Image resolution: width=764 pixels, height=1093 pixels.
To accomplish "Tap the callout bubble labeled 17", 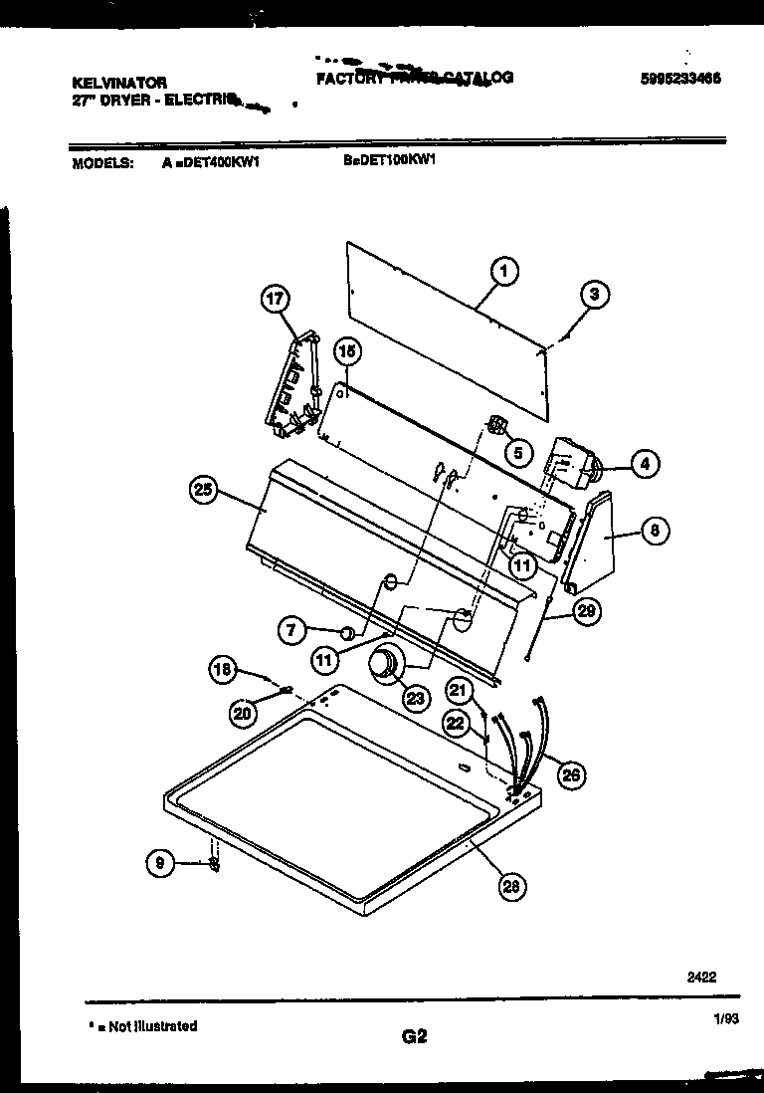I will [x=276, y=299].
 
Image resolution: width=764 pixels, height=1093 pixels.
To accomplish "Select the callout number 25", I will [x=204, y=489].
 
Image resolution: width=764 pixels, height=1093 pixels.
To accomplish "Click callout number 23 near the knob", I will [x=414, y=697].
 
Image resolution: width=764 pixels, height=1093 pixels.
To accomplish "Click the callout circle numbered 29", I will [x=586, y=611].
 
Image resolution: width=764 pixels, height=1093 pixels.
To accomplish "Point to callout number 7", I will [x=293, y=629].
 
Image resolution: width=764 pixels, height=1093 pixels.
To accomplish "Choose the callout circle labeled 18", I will [x=224, y=670].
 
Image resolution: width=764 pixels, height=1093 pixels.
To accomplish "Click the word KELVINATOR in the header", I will [x=120, y=84].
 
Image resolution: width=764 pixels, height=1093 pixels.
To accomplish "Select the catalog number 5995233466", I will [x=681, y=80].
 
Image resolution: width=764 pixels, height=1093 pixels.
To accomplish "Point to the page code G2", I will [x=414, y=1036].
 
